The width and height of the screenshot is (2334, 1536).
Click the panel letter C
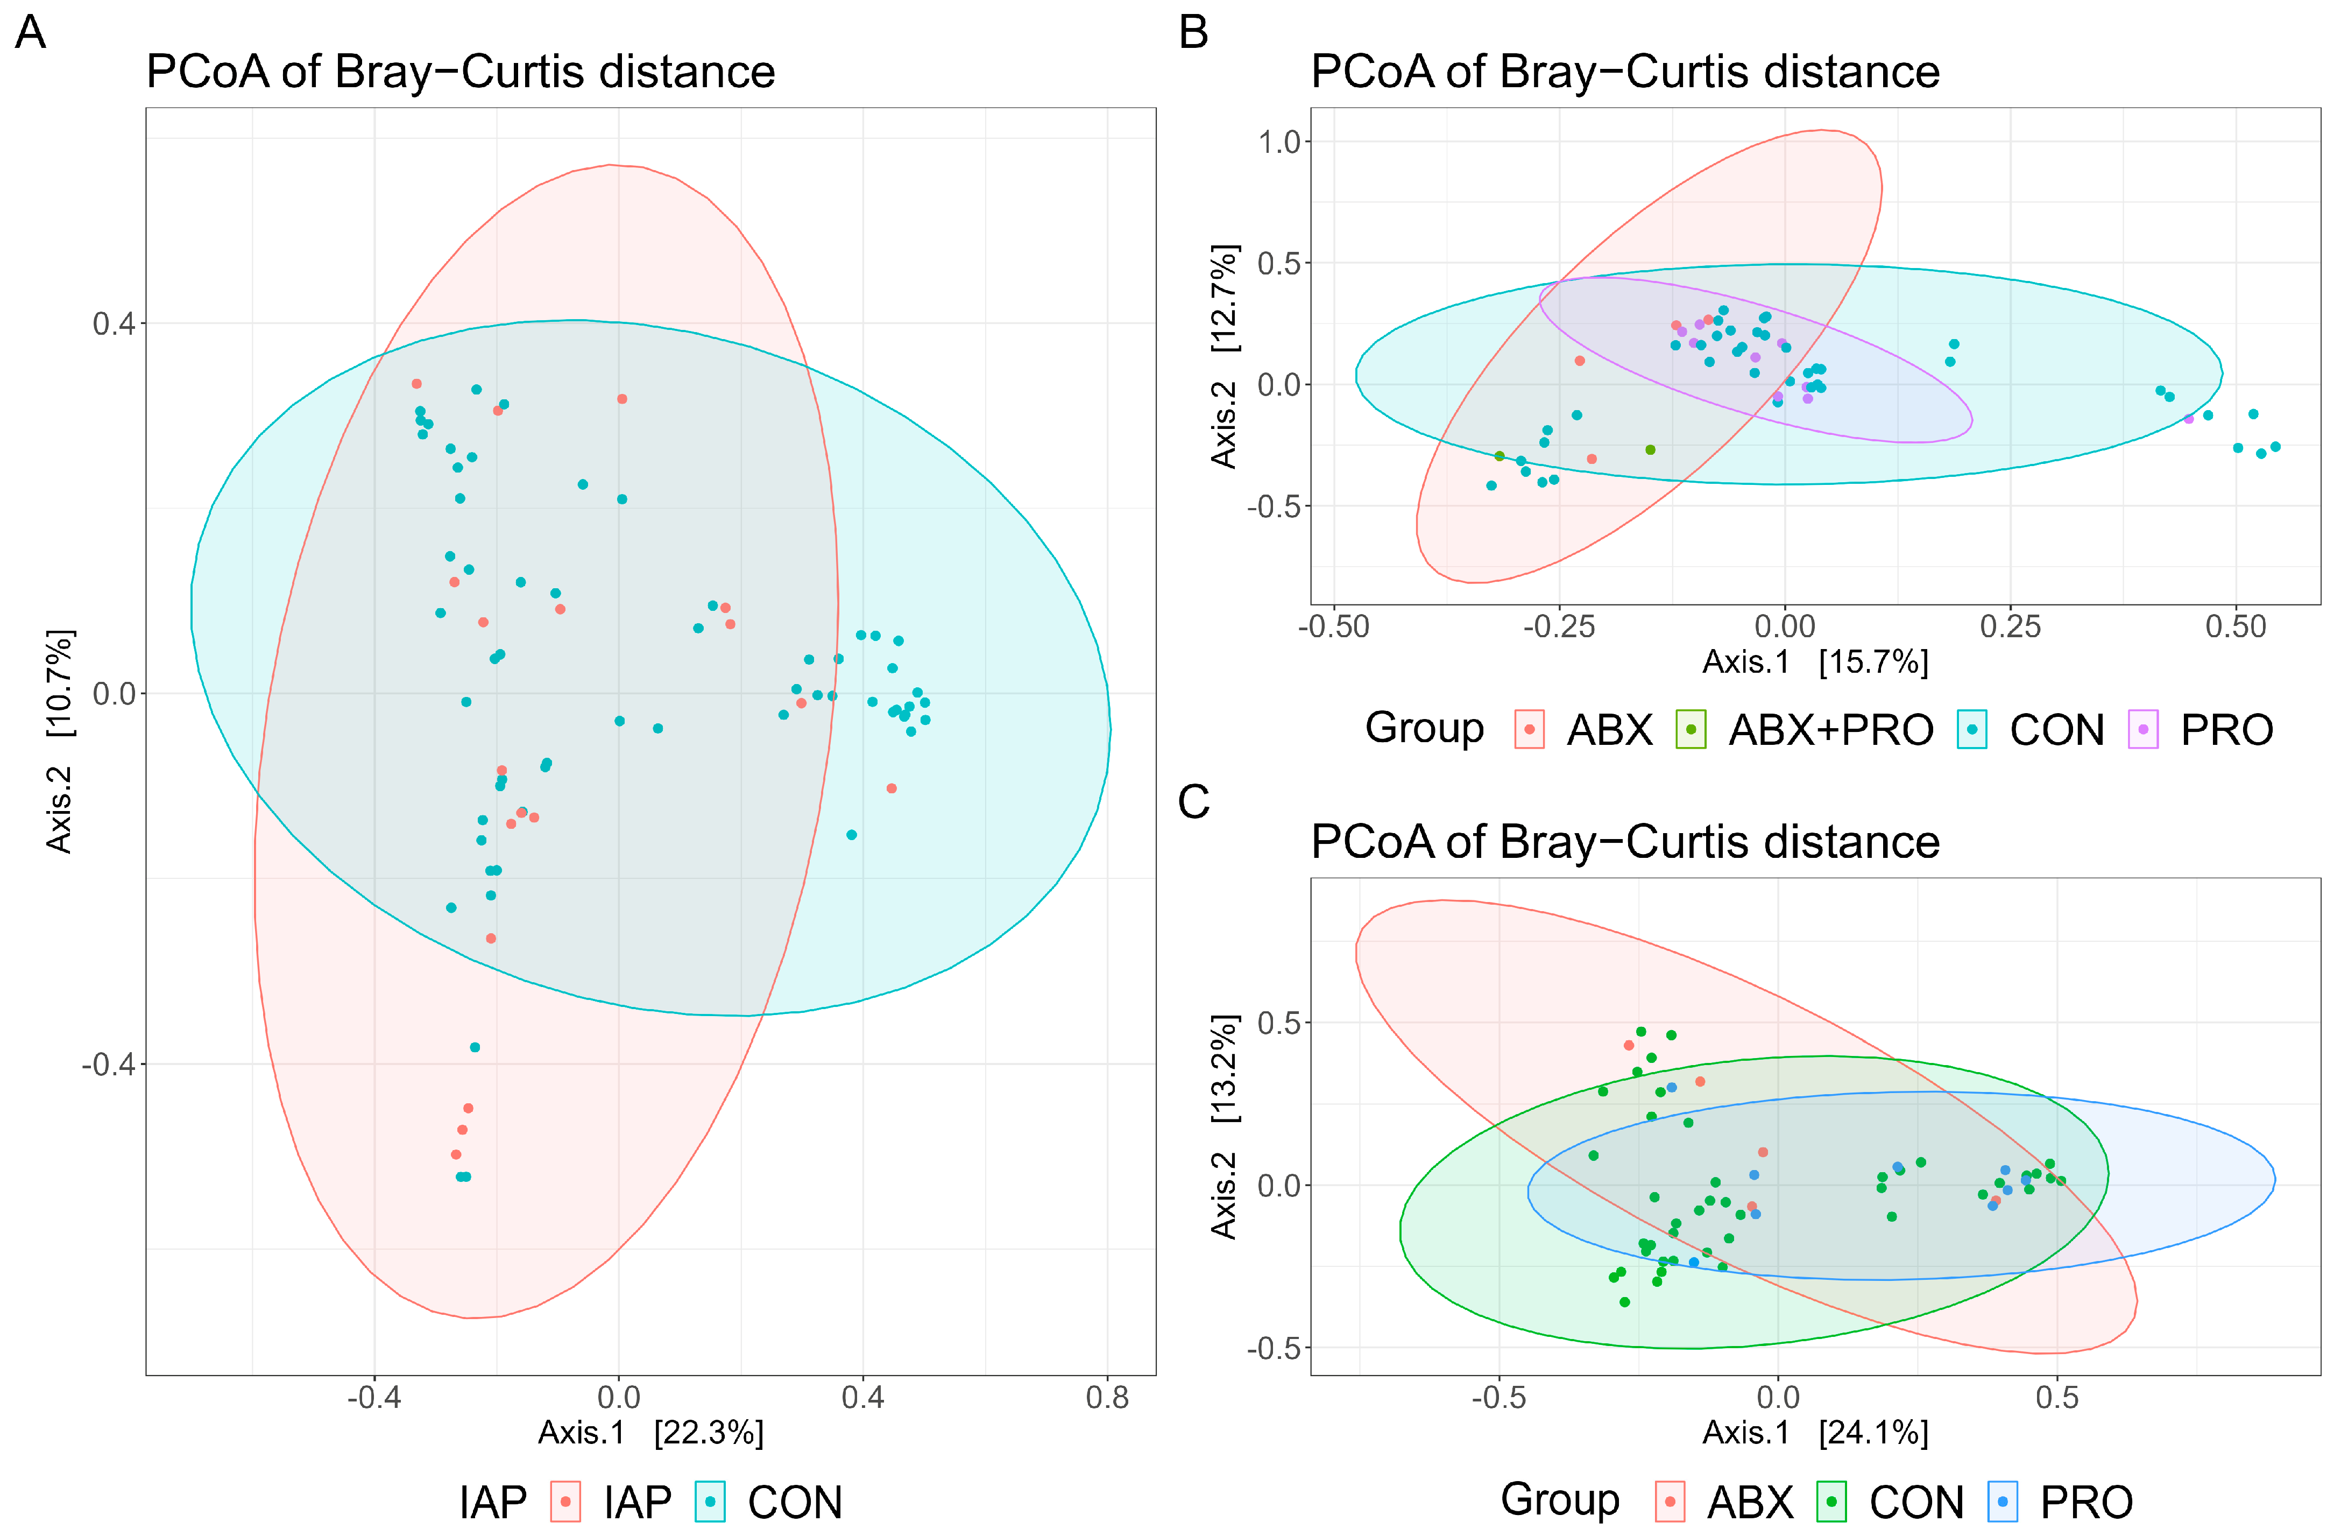tap(1193, 802)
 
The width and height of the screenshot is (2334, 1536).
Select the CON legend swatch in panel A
tap(710, 1502)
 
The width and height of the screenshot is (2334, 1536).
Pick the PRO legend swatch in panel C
tap(2003, 1502)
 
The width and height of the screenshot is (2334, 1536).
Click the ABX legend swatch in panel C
tap(1669, 1502)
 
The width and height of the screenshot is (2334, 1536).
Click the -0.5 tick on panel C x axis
tap(1498, 1397)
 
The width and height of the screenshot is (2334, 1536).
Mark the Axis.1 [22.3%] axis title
tap(650, 1433)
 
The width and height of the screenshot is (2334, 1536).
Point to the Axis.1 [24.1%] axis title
tap(1814, 1433)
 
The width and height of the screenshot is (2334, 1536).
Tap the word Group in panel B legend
tap(1424, 729)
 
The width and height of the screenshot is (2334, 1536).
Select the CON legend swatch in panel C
tap(1831, 1502)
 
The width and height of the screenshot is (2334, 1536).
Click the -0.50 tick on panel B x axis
tap(1334, 626)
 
